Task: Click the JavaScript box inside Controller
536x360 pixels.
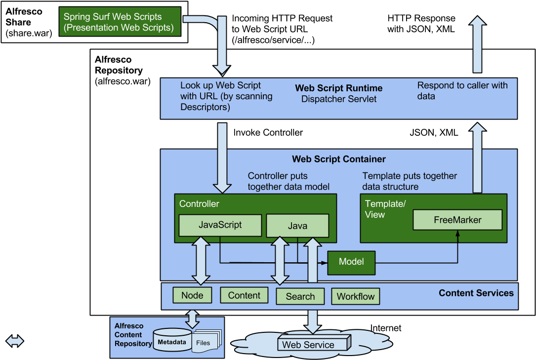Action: click(220, 225)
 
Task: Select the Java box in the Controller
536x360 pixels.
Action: click(297, 225)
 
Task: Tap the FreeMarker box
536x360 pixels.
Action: click(457, 220)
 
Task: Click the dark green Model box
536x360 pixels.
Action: click(351, 263)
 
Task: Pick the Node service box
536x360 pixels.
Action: click(192, 295)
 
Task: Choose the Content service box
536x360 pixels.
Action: click(244, 295)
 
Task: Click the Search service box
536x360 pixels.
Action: click(300, 296)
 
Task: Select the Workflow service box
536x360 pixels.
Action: click(356, 296)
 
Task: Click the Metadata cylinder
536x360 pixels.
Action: click(172, 340)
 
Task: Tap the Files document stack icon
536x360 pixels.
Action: click(207, 342)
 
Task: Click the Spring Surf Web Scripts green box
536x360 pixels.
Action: click(120, 22)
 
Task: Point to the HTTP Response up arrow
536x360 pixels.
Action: click(478, 44)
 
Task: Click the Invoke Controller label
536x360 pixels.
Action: click(268, 132)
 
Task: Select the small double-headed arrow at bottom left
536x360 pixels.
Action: click(15, 341)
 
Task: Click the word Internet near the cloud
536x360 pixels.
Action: click(386, 328)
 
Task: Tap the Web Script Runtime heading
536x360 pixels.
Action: click(339, 88)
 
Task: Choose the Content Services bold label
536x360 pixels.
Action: click(476, 293)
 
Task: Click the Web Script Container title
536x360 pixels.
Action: click(339, 159)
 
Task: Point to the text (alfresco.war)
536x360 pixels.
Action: click(123, 81)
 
